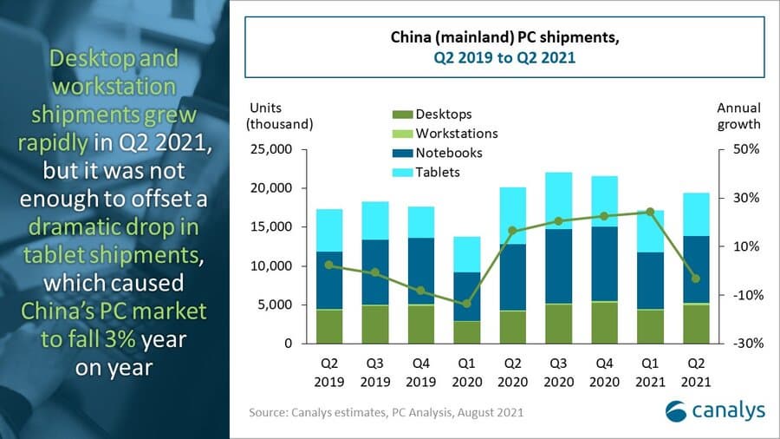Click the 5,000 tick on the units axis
point(275,305)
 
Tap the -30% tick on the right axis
point(744,344)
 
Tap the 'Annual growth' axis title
point(738,115)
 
